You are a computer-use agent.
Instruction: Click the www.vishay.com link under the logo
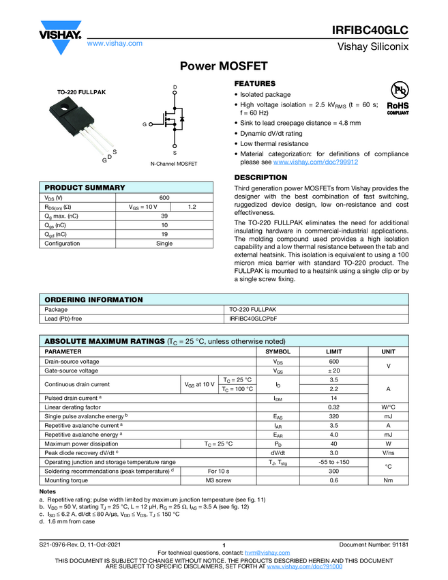115,43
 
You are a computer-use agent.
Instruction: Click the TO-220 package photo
81,127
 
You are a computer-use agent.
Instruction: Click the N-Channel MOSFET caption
174,164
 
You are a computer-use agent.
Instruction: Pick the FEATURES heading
255,83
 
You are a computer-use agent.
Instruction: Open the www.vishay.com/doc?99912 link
316,162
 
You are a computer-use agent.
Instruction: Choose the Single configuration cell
164,244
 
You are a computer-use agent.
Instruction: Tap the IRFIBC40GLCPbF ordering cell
253,318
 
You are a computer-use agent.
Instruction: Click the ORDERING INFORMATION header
93,300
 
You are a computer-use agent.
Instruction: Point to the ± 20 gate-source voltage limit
333,371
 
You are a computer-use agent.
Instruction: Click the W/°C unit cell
388,407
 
